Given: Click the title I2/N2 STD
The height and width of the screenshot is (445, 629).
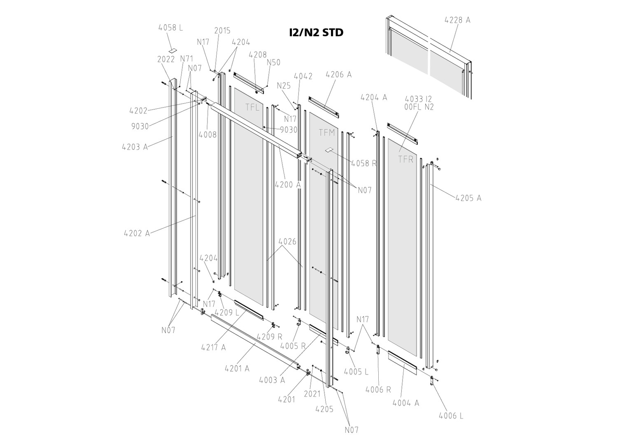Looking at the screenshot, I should (x=316, y=33).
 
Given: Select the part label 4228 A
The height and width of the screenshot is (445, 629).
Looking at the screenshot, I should (x=457, y=20).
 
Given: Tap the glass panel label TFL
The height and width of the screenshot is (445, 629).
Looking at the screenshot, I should (x=252, y=108).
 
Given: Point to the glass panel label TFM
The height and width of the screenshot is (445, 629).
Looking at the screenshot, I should (x=327, y=133).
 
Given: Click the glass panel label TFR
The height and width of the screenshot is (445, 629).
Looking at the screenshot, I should (x=405, y=159).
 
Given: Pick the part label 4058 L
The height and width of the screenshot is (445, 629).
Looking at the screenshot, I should (x=170, y=28).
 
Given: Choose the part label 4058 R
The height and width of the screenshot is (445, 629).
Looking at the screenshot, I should (x=364, y=163).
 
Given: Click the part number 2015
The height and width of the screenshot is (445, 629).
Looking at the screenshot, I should (x=222, y=30).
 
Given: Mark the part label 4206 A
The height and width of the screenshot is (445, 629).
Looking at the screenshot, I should (x=338, y=75).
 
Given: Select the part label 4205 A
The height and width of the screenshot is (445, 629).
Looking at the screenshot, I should (x=468, y=198).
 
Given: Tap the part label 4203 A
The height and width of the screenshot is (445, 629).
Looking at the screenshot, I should (x=135, y=147).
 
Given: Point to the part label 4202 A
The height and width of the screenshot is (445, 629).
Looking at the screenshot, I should (x=137, y=233).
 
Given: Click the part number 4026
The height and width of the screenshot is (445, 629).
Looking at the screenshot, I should (x=287, y=241).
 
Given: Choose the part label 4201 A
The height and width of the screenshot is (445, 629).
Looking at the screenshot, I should (x=237, y=369).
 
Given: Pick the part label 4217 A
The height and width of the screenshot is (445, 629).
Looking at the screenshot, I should (x=213, y=347).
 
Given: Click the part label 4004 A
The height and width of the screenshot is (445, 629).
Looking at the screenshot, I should (x=405, y=403).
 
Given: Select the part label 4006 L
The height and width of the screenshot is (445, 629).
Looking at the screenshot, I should (x=451, y=416).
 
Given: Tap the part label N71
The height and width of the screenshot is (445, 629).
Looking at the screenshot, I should (x=186, y=59).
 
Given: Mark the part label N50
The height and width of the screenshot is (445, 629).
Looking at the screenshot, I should (x=273, y=63).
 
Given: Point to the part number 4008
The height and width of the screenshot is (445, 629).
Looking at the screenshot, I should (x=207, y=134).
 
